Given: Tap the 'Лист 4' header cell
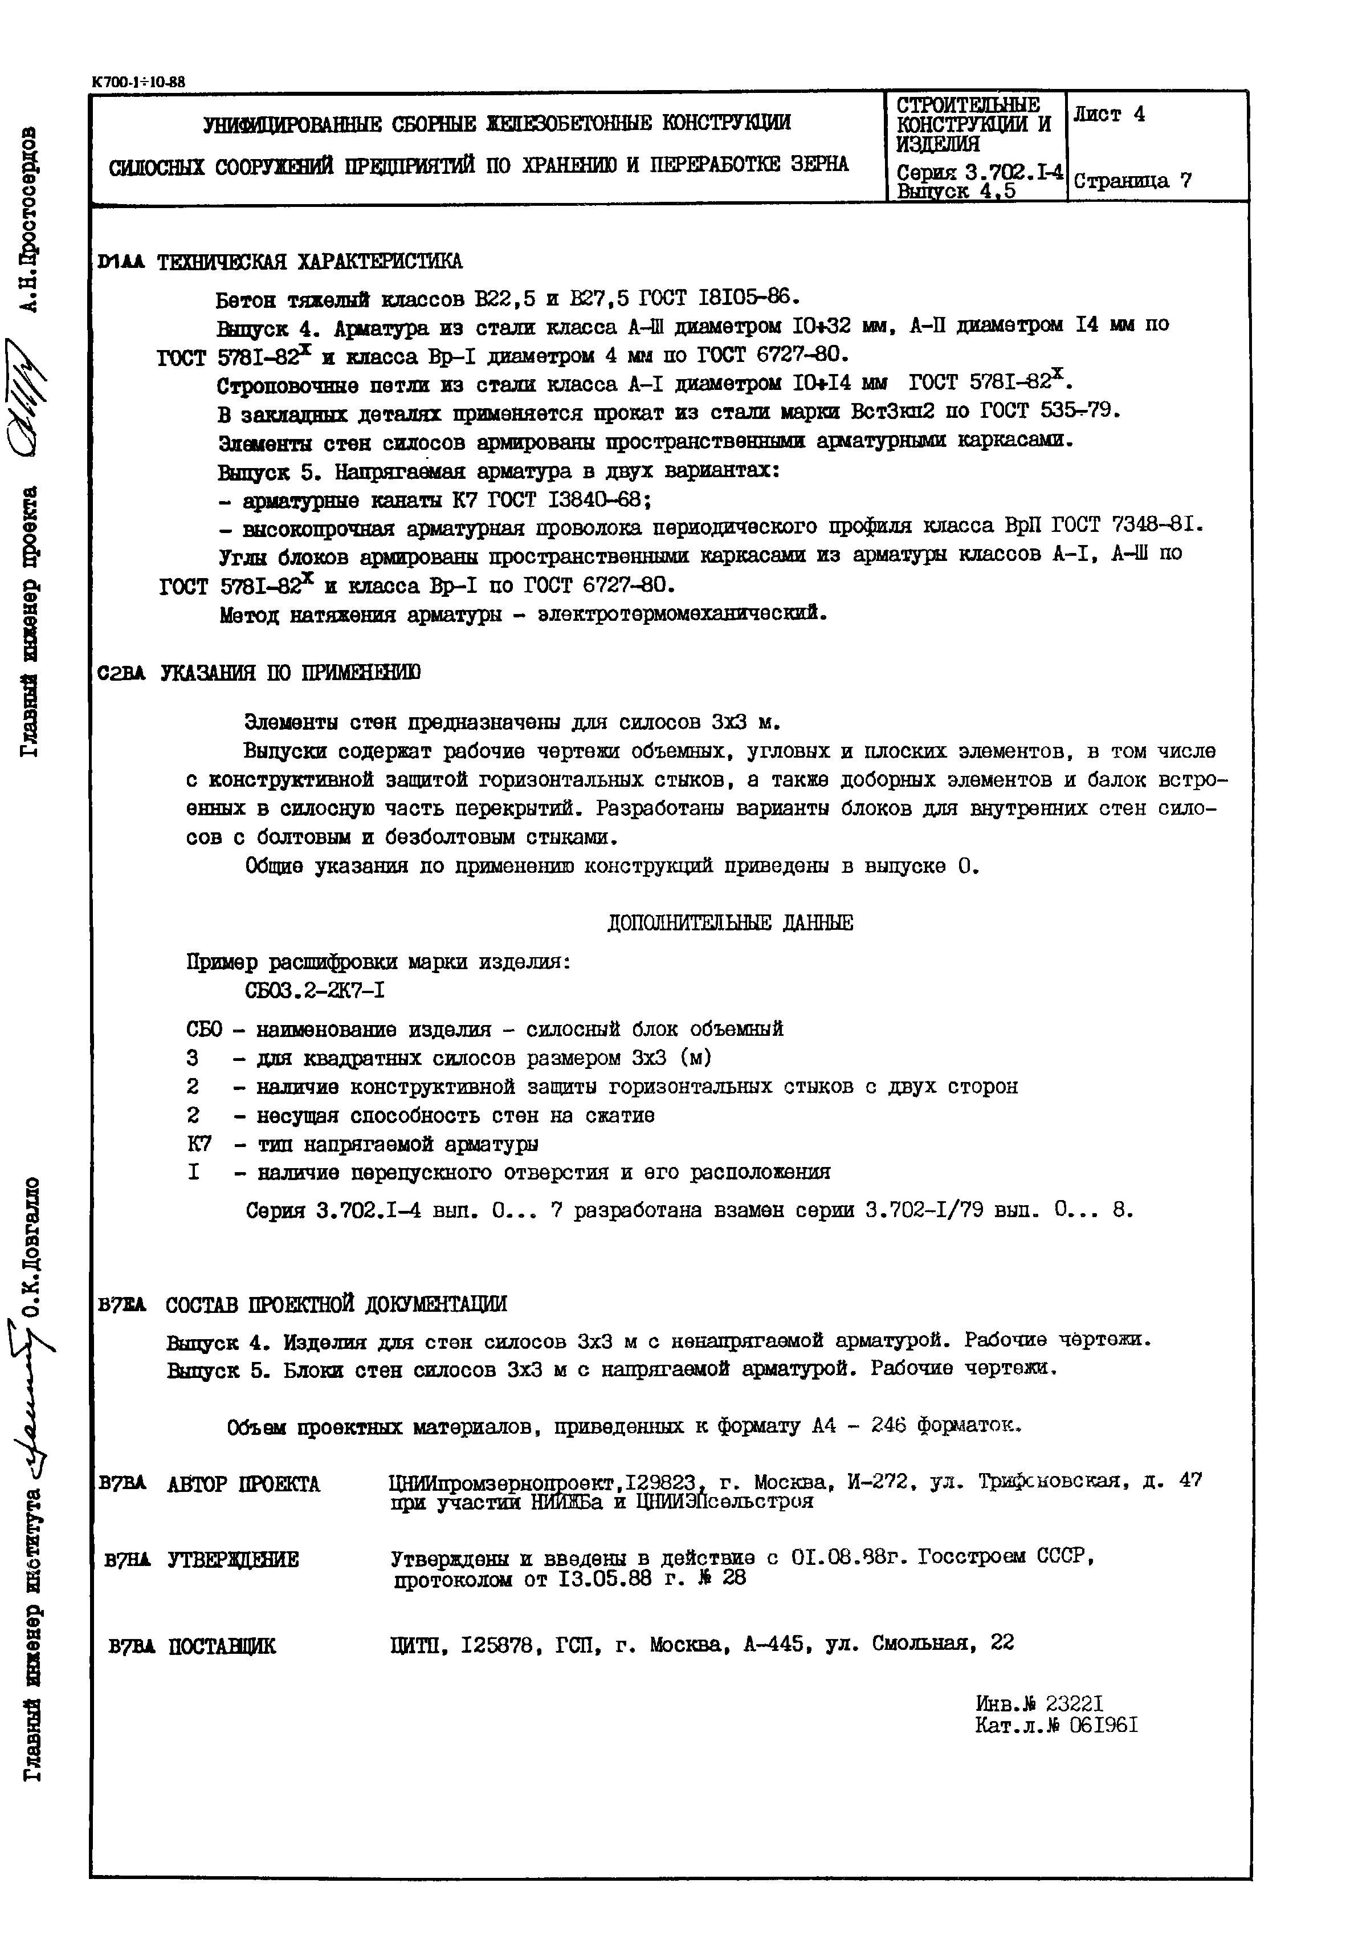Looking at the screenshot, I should click(1109, 115).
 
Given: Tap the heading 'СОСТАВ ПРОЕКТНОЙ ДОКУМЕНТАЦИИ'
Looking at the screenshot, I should click(336, 1304).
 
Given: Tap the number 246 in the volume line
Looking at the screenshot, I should click(888, 1426).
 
